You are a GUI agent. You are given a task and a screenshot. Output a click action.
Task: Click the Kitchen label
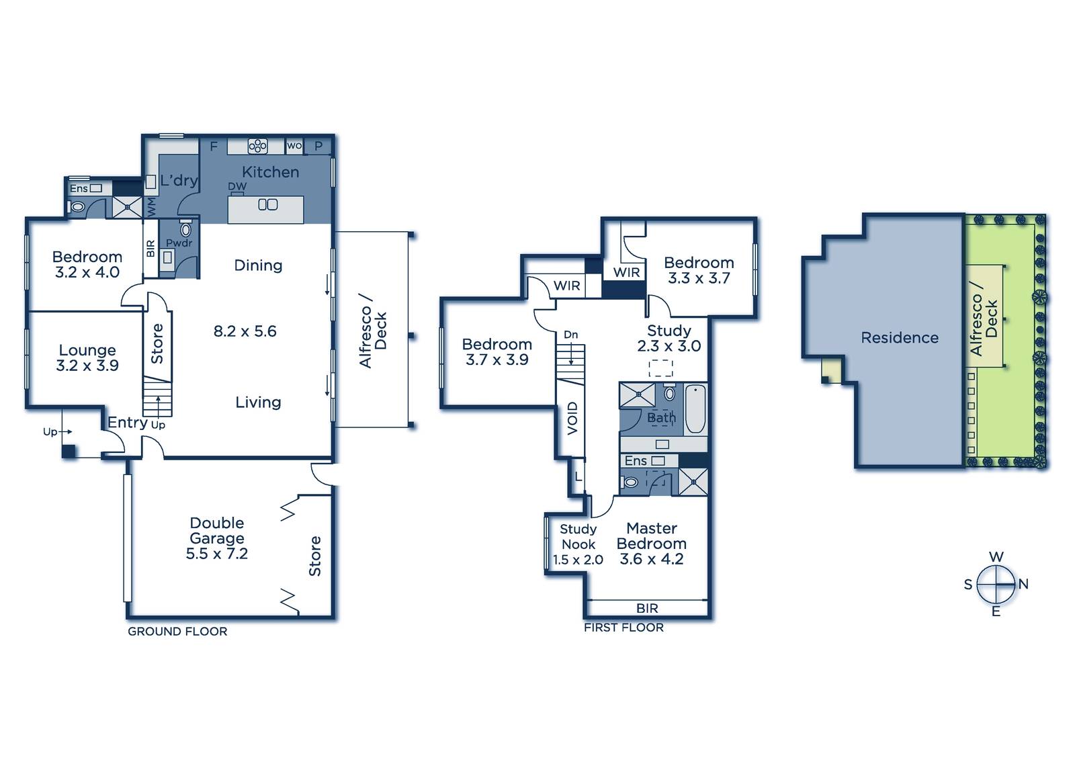270,172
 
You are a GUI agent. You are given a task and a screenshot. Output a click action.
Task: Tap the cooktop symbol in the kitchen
258,146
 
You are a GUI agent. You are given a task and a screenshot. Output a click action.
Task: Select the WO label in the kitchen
294,145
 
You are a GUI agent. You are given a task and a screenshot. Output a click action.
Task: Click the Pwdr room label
179,243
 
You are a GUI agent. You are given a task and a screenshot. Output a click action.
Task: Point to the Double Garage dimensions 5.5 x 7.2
217,554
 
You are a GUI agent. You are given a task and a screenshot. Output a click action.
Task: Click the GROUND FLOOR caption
177,632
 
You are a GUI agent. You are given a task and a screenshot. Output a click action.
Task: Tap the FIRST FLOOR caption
624,628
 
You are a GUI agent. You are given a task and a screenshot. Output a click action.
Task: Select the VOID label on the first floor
572,419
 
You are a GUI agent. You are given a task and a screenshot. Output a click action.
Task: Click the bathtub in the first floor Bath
695,409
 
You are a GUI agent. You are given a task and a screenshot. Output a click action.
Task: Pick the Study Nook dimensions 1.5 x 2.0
578,560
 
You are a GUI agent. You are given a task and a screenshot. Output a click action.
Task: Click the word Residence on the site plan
900,337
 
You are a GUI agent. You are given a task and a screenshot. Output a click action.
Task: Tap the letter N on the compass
1024,584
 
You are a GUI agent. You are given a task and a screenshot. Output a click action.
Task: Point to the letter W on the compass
996,557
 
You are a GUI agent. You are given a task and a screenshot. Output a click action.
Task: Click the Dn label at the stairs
570,335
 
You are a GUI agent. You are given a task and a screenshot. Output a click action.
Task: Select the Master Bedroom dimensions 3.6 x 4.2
652,559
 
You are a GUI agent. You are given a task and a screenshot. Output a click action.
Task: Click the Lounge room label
87,350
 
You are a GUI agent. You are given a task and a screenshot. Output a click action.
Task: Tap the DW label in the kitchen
237,186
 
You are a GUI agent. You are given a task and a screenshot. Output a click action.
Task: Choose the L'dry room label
179,181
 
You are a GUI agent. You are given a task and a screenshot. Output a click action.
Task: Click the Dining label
258,265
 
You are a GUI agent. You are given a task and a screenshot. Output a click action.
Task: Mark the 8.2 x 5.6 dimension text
245,331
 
